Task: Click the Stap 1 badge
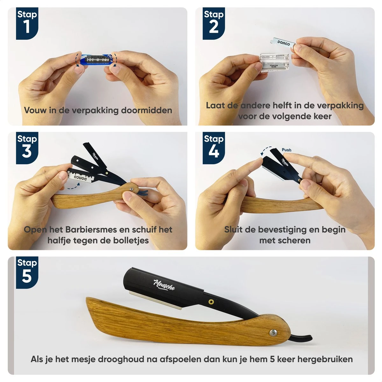[x=27, y=23]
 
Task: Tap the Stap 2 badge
[x=214, y=23]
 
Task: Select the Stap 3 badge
[x=27, y=147]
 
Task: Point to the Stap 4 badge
[x=214, y=147]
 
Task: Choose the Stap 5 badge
[x=27, y=272]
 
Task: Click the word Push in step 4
[x=286, y=150]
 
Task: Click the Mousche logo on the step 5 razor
[x=164, y=284]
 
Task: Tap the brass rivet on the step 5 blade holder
[x=211, y=301]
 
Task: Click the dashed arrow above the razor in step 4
[x=265, y=150]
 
